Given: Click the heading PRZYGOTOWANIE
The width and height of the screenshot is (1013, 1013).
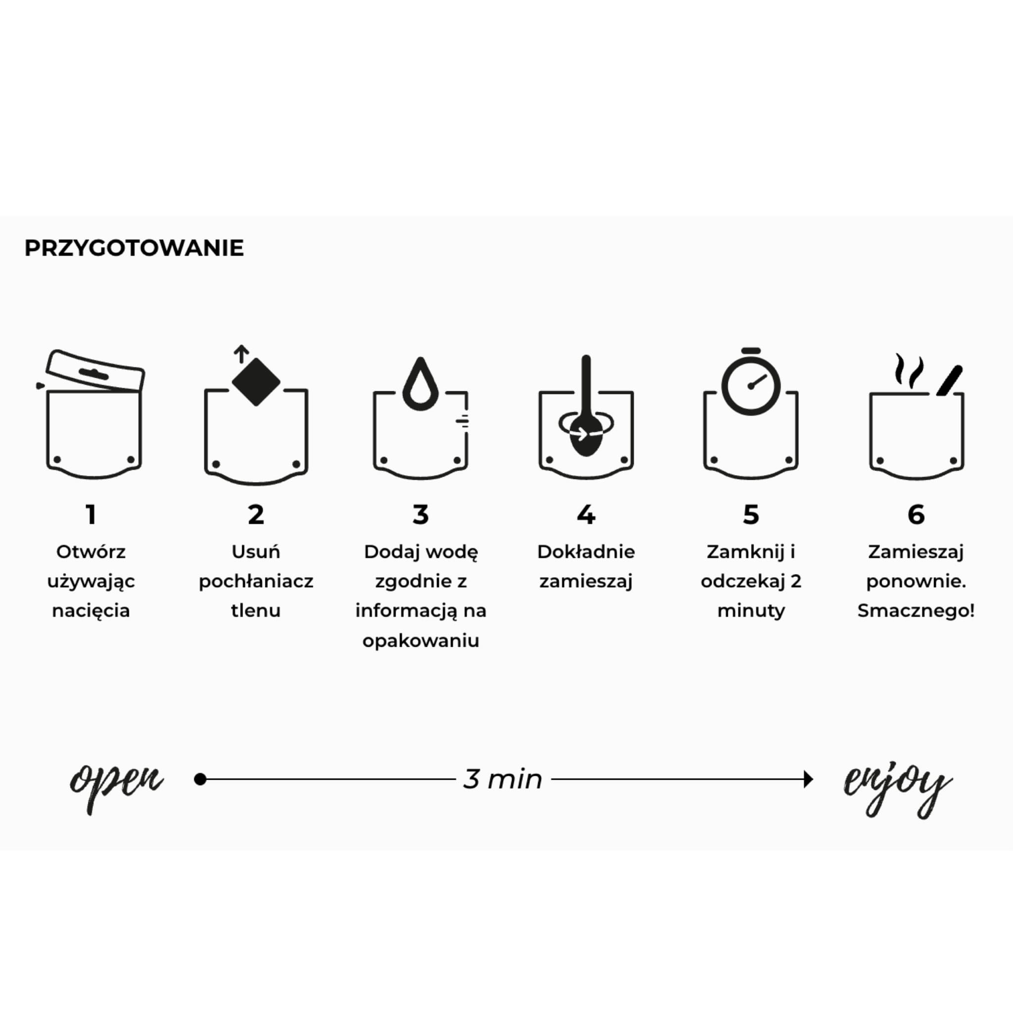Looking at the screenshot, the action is pos(134,248).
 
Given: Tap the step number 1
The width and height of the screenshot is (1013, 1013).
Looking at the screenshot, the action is pos(91,514).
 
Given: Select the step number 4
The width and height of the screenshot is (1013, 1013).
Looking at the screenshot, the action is pos(586,514).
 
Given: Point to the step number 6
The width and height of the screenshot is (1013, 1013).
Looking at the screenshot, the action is pos(916,514).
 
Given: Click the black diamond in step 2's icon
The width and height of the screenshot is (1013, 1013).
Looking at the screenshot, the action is pos(256,382).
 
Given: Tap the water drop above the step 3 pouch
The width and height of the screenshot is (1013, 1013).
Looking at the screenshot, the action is pos(420,384).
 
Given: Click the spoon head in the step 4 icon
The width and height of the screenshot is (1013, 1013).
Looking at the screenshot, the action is pos(586,436).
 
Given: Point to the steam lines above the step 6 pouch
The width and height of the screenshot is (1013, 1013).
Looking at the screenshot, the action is pos(909,370).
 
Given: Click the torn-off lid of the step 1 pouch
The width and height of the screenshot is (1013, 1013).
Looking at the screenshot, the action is pos(95,370).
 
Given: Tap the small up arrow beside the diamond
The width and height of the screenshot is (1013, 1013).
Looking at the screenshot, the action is pos(241,354).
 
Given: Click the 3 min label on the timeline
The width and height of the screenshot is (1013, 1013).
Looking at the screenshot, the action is pos(503,779).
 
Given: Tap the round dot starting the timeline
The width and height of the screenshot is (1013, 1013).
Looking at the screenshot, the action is pos(200,779).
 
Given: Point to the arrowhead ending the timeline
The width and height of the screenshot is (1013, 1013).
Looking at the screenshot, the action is pos(808,779).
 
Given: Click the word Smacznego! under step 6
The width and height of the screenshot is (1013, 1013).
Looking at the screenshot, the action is pos(916,611).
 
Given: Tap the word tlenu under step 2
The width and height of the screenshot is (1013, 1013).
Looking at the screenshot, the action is pos(256,611).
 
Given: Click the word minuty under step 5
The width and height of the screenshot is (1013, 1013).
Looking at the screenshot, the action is pos(751,611).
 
